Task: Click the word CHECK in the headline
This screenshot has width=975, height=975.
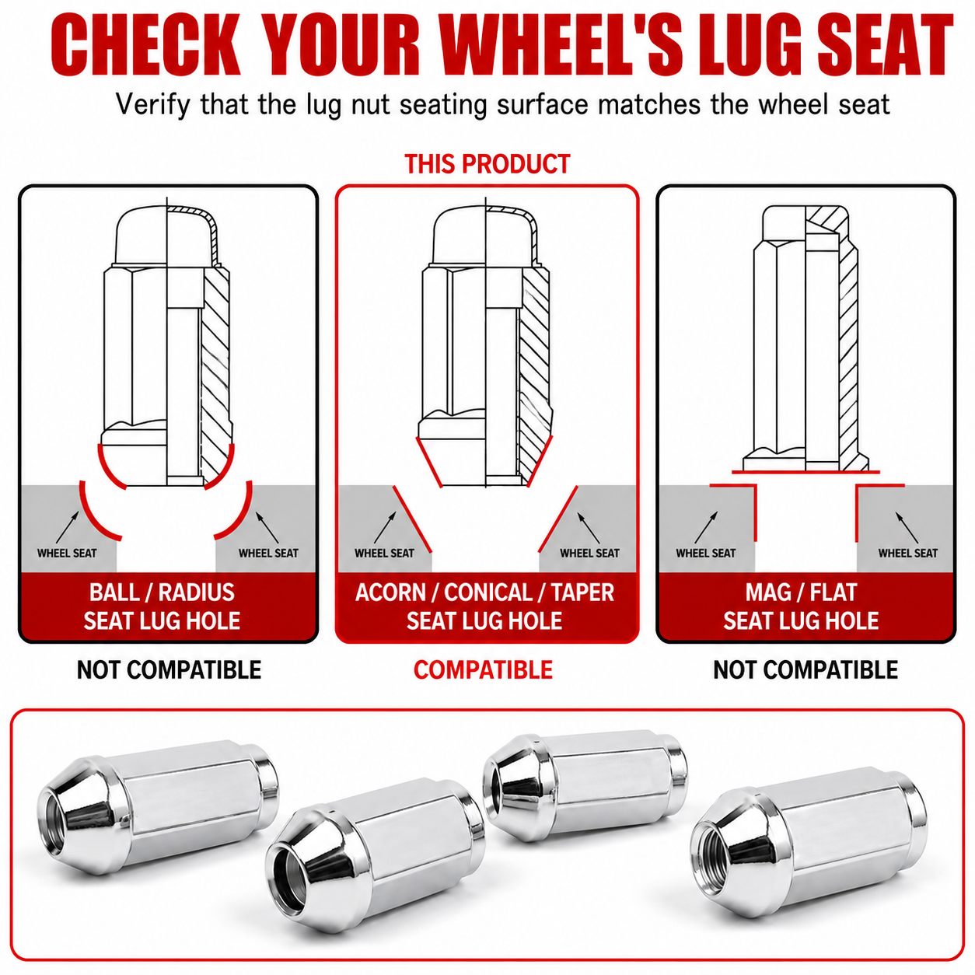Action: click(145, 45)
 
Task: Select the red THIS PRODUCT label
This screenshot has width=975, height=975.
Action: click(487, 164)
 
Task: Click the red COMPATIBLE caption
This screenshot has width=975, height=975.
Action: click(483, 670)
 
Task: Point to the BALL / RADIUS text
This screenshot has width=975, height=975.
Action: click(162, 592)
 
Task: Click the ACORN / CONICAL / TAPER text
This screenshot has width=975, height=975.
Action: click(484, 592)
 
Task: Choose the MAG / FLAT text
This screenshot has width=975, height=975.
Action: click(801, 592)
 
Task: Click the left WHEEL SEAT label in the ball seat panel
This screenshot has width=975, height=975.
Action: click(67, 553)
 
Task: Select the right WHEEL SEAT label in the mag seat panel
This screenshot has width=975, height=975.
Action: click(907, 553)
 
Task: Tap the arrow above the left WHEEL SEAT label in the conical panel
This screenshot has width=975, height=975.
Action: click(386, 527)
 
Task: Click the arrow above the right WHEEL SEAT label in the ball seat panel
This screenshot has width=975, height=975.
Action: click(267, 527)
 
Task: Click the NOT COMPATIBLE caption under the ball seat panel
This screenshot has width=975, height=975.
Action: click(169, 670)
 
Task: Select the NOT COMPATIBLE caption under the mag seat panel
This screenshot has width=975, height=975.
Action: click(805, 670)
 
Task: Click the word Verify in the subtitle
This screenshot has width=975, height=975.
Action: click(153, 105)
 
